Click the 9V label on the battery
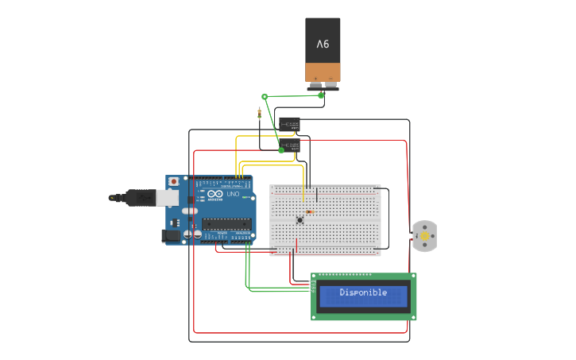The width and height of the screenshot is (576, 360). click(x=323, y=44)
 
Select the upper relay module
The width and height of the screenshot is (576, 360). click(x=289, y=125)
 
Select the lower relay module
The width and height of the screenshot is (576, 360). click(x=290, y=145)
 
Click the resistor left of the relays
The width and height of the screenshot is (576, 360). click(x=260, y=113)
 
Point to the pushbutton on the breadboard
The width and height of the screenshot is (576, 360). click(x=300, y=220)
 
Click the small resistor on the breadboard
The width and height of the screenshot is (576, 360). click(x=309, y=212)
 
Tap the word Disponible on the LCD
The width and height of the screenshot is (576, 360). click(x=363, y=292)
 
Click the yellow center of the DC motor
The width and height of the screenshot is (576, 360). click(x=424, y=236)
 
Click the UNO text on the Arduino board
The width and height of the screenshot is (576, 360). click(x=233, y=195)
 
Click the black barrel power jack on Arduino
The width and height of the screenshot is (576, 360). click(x=169, y=235)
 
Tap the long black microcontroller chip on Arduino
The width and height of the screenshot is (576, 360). click(x=226, y=223)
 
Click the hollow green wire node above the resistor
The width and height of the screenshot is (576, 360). click(x=265, y=96)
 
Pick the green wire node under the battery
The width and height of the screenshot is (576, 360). click(x=321, y=95)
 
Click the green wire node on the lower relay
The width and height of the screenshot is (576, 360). click(x=281, y=149)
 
